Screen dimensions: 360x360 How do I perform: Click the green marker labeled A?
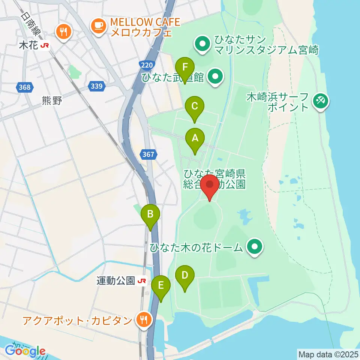(195, 139)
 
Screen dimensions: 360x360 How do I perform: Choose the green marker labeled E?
(161, 286)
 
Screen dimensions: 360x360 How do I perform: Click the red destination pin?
(210, 185)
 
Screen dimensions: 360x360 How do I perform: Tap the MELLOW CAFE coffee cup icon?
(99, 25)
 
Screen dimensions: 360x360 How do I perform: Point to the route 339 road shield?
(96, 87)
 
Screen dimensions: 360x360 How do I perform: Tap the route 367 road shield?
(148, 154)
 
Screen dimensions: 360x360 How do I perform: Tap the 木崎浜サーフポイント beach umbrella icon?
(321, 100)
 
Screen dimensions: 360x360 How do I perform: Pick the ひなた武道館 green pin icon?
(215, 77)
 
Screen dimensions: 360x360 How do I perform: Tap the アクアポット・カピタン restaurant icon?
(144, 320)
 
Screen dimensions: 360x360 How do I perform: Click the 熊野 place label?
(52, 100)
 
